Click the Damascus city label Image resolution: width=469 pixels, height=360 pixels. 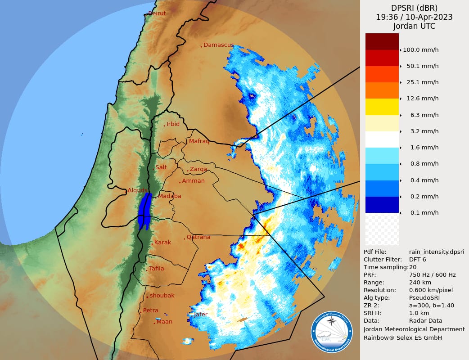pyautogui.click(x=218, y=45)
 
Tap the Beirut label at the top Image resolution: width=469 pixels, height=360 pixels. pyautogui.click(x=157, y=13)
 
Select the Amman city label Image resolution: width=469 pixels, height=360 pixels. pyautogui.click(x=193, y=181)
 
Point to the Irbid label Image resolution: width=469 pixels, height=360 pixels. pyautogui.click(x=173, y=124)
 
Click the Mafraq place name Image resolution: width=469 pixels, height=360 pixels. pyautogui.click(x=199, y=141)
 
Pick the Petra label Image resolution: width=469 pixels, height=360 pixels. pyautogui.click(x=150, y=310)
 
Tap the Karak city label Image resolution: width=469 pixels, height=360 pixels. pyautogui.click(x=162, y=243)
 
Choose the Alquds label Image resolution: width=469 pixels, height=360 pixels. pyautogui.click(x=137, y=190)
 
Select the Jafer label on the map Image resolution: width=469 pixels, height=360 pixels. pyautogui.click(x=200, y=315)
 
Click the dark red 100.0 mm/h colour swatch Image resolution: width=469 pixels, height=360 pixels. pyautogui.click(x=382, y=41)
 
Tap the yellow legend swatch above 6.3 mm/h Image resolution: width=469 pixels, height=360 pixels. pyautogui.click(x=382, y=107)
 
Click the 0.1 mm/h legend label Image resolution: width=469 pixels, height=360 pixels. pyautogui.click(x=424, y=213)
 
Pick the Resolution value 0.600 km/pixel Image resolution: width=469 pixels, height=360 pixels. pyautogui.click(x=431, y=290)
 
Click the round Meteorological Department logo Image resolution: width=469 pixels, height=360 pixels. pyautogui.click(x=332, y=332)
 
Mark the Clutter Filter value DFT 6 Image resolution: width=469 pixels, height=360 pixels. pyautogui.click(x=418, y=259)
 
